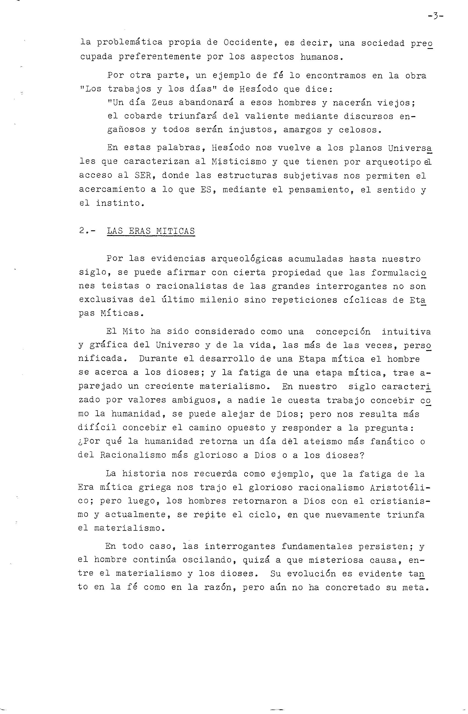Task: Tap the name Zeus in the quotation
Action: (x=162, y=103)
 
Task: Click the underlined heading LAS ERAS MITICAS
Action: (x=151, y=231)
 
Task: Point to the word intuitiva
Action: (x=406, y=331)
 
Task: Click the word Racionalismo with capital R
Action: (x=133, y=455)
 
